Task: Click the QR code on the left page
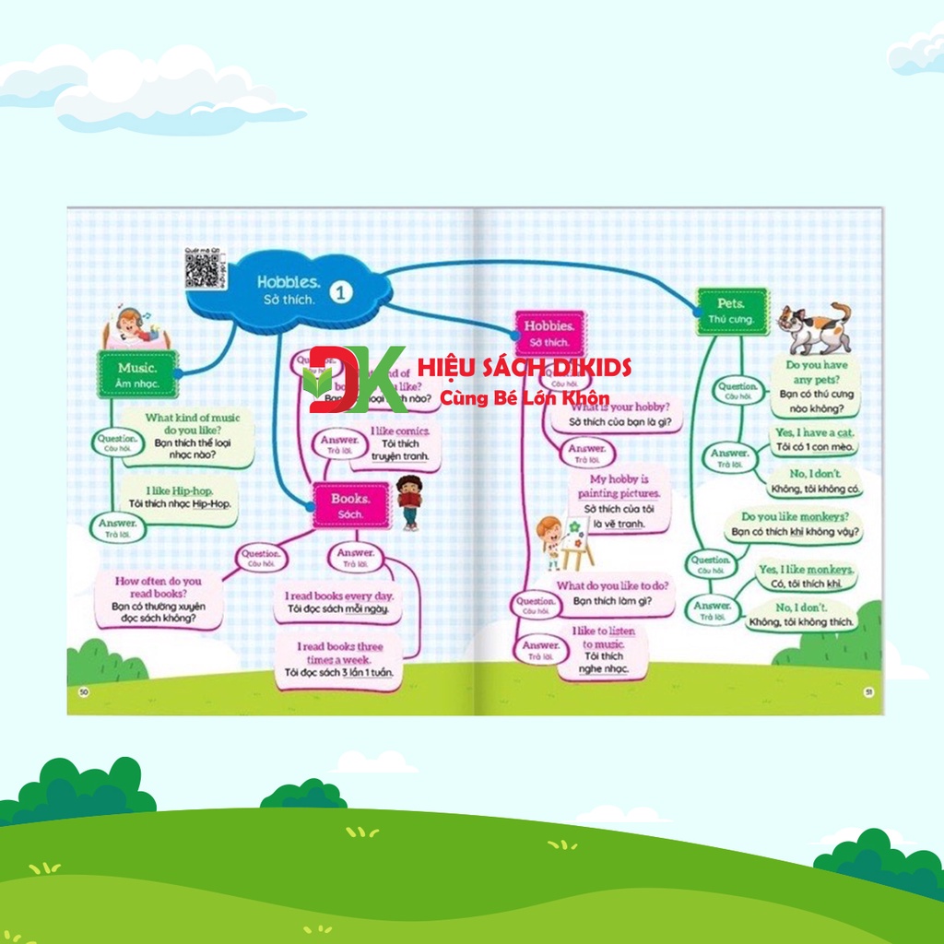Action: pos(201,269)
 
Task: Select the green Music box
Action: pos(137,374)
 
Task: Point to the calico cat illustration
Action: pos(813,328)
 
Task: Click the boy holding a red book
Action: pos(409,501)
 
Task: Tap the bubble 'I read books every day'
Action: pos(339,602)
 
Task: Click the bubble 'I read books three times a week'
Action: pos(338,659)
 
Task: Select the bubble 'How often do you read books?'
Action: pos(158,599)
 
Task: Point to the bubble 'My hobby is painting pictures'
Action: pos(619,501)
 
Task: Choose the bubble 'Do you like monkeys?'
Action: pos(796,525)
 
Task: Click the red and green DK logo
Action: pos(354,379)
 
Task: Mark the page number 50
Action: pos(84,692)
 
